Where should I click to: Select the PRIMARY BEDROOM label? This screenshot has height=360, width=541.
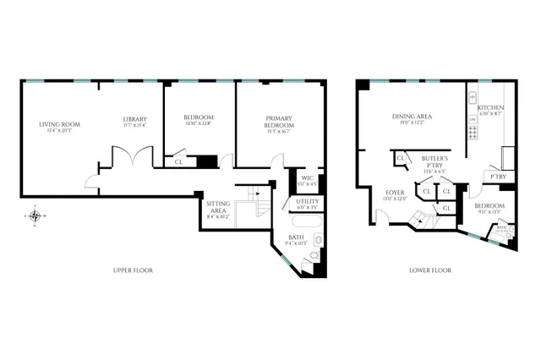[278, 120]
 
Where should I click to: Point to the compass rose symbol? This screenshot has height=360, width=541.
[34, 215]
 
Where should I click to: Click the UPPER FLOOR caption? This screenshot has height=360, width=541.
[133, 270]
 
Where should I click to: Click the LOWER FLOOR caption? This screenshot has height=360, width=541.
[431, 270]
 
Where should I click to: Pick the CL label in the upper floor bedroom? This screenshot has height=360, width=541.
[178, 161]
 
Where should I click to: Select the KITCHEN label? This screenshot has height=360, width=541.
[490, 108]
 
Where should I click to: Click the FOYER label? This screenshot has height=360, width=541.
[395, 194]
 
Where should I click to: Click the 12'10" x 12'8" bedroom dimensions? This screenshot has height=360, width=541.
[199, 123]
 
